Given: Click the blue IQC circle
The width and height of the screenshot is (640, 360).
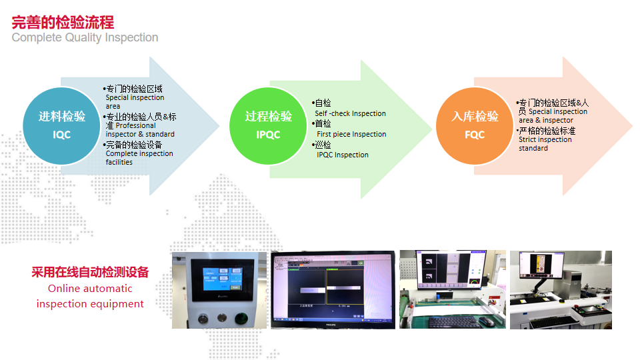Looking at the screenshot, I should click(61, 125).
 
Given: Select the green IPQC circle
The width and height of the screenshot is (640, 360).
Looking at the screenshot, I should click(268, 125).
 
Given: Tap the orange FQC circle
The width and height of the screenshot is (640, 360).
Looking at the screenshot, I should click(475, 125).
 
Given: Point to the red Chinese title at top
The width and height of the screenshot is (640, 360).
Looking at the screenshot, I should click(63, 22).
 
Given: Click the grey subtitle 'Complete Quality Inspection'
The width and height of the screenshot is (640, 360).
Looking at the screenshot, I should click(85, 37).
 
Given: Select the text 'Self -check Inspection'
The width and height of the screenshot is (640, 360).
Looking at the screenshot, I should click(350, 113).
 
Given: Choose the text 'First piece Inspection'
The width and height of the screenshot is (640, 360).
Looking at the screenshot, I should click(351, 134).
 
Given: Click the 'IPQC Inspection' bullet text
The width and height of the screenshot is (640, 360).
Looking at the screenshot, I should click(343, 155).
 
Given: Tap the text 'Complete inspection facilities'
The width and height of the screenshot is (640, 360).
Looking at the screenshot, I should click(139, 158).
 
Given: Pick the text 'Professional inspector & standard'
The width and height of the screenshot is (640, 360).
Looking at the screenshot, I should click(140, 130).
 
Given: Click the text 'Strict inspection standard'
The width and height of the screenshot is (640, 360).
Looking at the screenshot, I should click(545, 144).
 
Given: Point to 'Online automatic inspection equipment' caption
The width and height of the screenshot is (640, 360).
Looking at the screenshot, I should click(90, 297).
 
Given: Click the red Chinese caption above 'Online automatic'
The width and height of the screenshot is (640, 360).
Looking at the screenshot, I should click(90, 272).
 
